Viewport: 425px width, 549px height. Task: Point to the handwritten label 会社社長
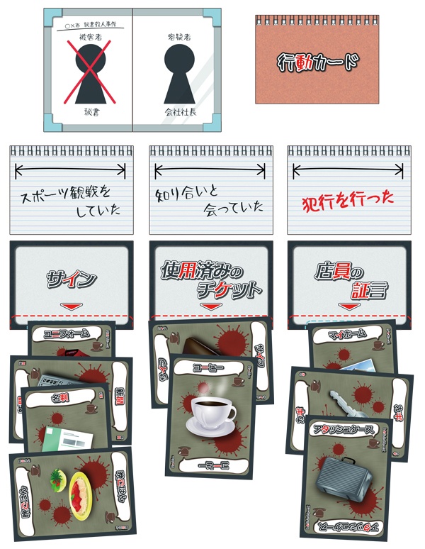178,112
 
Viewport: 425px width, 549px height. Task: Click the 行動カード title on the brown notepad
317,63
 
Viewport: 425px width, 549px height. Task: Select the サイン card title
71,279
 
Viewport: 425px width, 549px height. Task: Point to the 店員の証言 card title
348,279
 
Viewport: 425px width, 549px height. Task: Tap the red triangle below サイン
71,306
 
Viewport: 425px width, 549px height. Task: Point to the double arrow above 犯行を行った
348,169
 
